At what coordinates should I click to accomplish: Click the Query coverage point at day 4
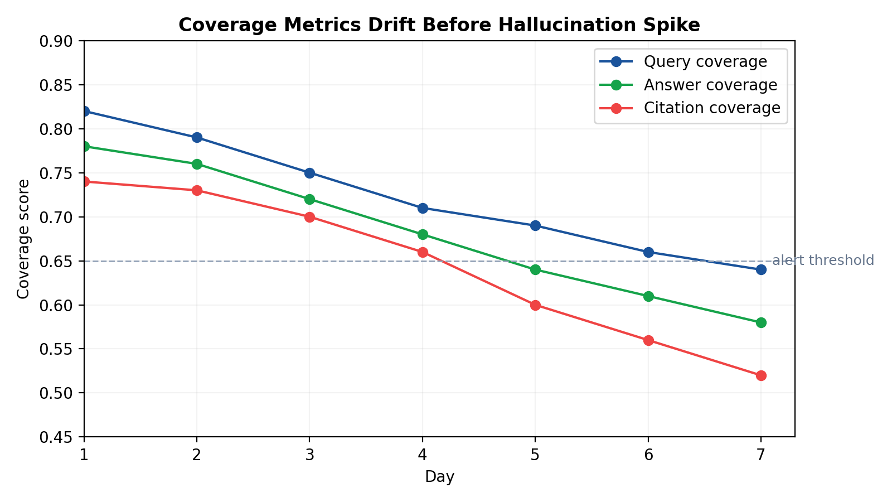point(423,208)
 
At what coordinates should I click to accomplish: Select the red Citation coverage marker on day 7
point(761,375)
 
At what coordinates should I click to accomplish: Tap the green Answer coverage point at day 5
point(535,270)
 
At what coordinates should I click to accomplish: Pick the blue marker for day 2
point(197,138)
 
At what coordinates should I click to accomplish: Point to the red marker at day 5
point(535,305)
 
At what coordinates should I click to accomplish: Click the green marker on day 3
point(309,199)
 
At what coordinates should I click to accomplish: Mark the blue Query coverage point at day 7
point(761,270)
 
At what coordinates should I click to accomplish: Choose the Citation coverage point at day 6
point(648,340)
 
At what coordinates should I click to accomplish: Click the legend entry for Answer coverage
point(710,85)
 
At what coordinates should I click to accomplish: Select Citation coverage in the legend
point(711,108)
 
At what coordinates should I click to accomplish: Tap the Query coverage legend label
point(705,61)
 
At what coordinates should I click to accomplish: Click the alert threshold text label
point(823,260)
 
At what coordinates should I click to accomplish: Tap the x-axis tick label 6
point(648,455)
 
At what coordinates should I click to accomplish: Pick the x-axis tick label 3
point(309,455)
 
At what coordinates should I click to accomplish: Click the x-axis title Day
point(439,477)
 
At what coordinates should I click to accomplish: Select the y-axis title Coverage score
point(23,239)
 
